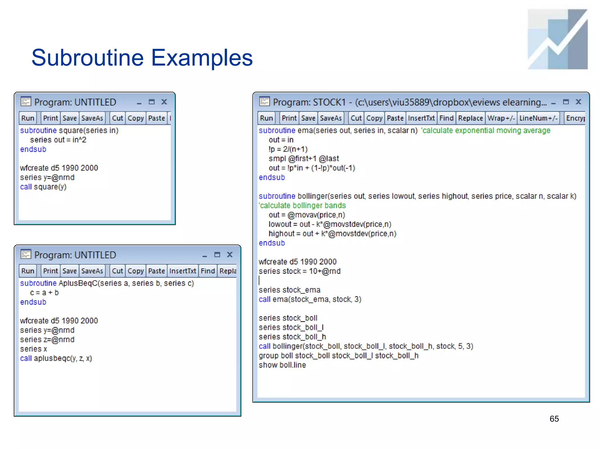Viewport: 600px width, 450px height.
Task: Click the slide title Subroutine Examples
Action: coord(142,58)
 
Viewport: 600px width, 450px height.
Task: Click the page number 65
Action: coord(554,419)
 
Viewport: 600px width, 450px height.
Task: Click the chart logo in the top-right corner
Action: coord(558,39)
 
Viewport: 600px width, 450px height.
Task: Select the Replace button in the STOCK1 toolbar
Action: coord(470,118)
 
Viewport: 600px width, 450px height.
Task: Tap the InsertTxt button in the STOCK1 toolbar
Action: coord(421,118)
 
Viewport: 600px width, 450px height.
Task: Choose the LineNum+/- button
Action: coord(538,118)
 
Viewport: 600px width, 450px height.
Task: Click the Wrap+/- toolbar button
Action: coord(501,118)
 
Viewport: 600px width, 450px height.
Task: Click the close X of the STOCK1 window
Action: coord(578,102)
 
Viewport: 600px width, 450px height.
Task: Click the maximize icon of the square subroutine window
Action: coord(151,102)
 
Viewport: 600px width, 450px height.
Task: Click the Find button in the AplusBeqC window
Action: coord(208,271)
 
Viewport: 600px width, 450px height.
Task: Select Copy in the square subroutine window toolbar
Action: coord(136,118)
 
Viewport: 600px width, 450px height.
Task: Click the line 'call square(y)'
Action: coord(43,187)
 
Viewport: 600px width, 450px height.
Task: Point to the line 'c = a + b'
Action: coord(44,293)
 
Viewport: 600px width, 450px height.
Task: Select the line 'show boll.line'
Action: coord(282,365)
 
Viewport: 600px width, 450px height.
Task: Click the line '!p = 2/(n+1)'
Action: coord(288,149)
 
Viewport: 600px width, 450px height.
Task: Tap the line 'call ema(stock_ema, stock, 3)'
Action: coord(310,299)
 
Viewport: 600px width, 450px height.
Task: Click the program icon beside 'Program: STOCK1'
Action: coord(264,102)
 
